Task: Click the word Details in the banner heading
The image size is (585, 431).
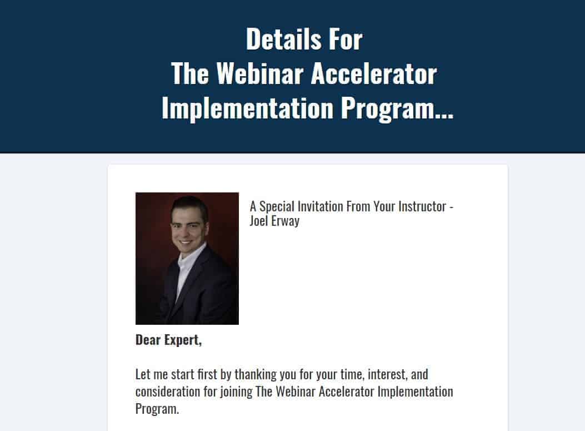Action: [283, 39]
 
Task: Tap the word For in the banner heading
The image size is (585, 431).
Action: [343, 39]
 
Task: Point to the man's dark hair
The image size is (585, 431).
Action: [189, 204]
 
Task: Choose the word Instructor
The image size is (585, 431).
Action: [422, 206]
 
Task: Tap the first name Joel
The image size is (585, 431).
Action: [259, 221]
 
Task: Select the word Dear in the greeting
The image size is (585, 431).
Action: [148, 340]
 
